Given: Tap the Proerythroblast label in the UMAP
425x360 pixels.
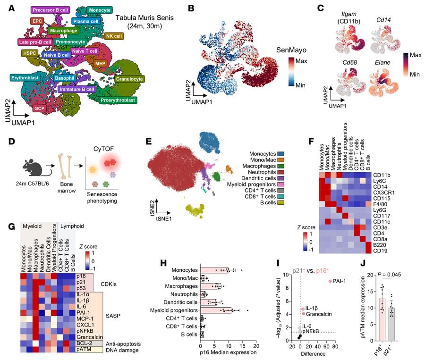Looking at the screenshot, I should pyautogui.click(x=118, y=100).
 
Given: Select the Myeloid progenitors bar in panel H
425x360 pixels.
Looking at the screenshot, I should pyautogui.click(x=216, y=310).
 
